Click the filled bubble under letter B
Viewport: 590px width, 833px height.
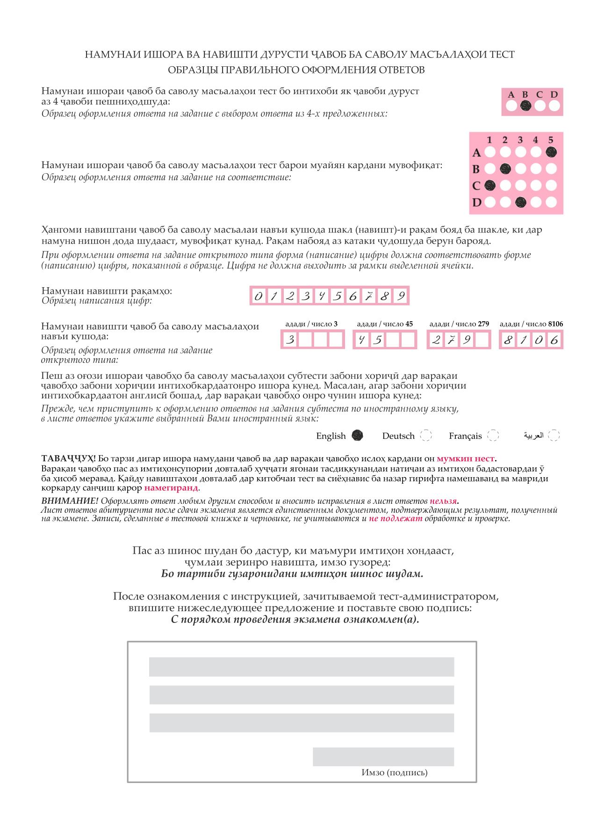525,106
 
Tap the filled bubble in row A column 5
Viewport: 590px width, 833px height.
551,152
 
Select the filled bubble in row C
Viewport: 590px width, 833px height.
489,186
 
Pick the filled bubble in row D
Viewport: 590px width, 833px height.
520,203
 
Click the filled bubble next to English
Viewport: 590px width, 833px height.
358,436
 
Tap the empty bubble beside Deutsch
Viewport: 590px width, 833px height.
425,436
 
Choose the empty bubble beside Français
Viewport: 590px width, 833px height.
493,436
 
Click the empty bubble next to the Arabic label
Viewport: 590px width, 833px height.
554,436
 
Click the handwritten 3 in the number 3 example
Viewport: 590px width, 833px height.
290,340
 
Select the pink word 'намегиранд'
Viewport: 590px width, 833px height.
171,488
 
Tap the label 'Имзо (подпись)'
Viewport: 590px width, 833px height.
394,772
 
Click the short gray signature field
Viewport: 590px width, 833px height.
383,757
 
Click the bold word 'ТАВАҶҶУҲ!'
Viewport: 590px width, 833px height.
68,458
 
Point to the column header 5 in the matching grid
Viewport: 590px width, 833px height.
551,140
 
